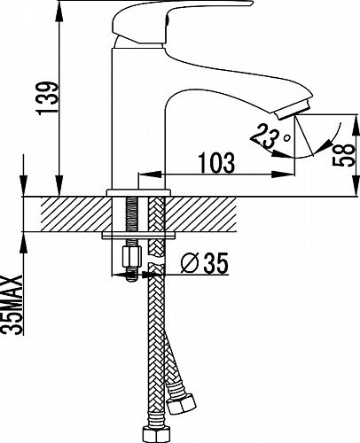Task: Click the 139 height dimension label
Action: tap(46, 98)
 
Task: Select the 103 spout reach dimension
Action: tap(217, 162)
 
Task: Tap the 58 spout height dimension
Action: tap(343, 155)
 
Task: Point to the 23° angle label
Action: tap(270, 135)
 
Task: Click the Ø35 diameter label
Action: tap(205, 263)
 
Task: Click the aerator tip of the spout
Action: tap(293, 110)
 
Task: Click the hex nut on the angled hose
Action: tap(182, 404)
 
